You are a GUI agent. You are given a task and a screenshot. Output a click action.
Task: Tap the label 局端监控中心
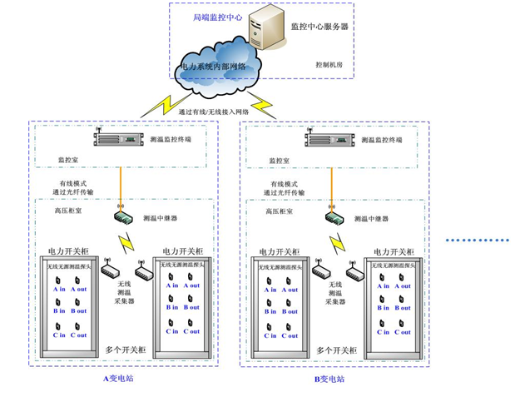pos(210,16)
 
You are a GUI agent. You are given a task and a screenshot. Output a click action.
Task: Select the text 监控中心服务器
pos(319,27)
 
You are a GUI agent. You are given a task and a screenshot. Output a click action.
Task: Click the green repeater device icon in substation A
pos(121,217)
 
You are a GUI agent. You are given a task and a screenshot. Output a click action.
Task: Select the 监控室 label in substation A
pos(67,157)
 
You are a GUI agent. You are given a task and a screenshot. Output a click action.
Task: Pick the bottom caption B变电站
pos(329,379)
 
